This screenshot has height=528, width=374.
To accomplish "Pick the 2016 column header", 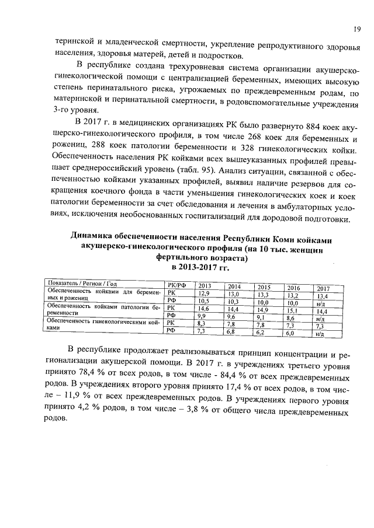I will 292,288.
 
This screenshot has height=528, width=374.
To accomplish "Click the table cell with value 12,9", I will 204,293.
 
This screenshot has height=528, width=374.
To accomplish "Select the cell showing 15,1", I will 292,311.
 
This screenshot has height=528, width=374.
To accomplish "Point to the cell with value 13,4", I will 322,296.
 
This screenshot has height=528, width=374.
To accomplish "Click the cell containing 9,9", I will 203,316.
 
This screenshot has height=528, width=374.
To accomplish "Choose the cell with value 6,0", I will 290,334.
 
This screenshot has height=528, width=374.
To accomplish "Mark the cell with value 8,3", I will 203,323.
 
